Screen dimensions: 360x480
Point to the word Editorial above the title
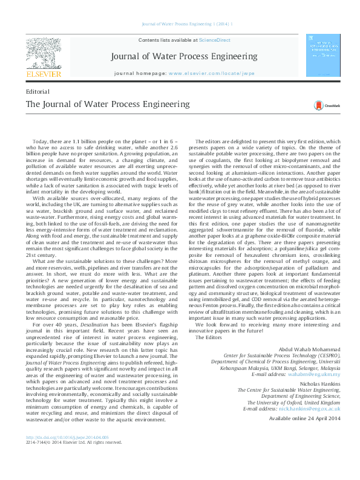click(x=38, y=91)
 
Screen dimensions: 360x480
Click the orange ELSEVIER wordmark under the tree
click(x=43, y=74)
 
